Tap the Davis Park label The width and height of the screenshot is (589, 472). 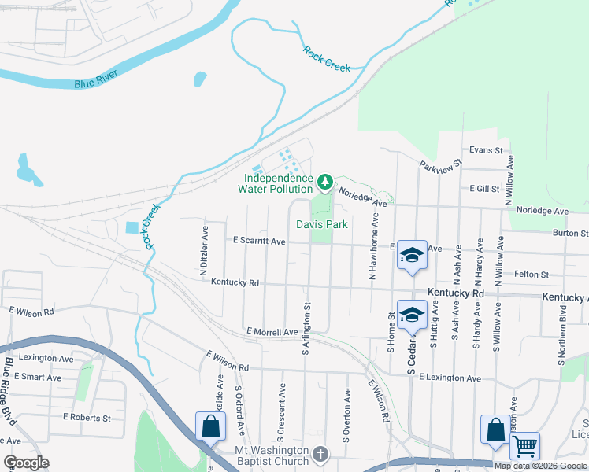click(322, 224)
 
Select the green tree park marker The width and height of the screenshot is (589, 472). click(325, 183)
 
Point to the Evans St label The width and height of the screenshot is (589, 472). click(485, 149)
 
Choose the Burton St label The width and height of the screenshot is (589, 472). click(570, 234)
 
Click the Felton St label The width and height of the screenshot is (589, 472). click(532, 275)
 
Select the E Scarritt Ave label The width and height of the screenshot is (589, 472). click(259, 242)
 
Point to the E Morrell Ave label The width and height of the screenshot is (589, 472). click(272, 332)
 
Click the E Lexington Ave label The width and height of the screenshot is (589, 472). click(450, 378)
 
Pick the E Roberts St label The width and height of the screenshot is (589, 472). click(86, 417)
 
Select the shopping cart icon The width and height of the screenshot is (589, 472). click(524, 445)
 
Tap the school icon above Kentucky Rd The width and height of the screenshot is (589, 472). click(411, 255)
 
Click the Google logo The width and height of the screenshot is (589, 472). click(26, 463)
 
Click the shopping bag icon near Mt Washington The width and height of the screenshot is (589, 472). click(210, 427)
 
